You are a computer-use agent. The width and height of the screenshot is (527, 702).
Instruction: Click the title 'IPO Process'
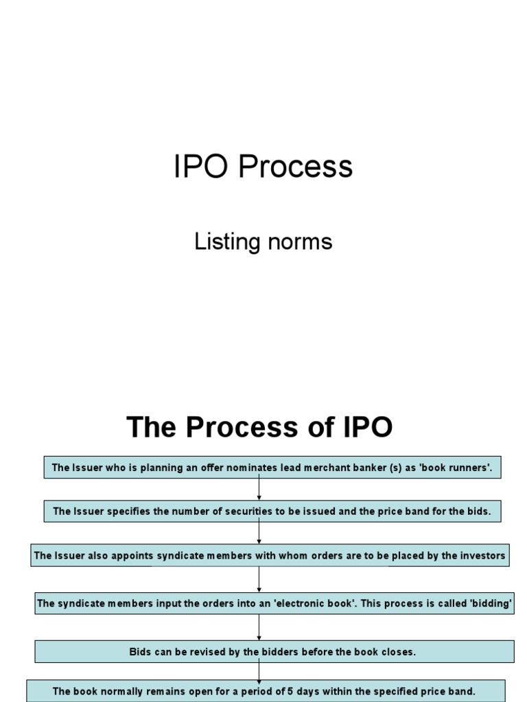263,167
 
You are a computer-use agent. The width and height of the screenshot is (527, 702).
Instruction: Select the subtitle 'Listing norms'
263,241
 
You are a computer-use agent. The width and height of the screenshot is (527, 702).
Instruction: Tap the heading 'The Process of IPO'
259,427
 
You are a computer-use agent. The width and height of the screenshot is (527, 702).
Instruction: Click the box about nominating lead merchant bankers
272,469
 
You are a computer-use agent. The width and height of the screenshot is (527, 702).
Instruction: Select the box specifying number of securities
272,511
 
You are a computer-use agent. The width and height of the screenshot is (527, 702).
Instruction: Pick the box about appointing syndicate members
270,555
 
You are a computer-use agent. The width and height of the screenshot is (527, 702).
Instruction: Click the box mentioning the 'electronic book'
274,603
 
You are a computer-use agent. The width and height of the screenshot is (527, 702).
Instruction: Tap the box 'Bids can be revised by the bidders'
274,651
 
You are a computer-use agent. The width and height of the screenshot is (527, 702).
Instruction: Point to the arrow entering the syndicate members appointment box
259,533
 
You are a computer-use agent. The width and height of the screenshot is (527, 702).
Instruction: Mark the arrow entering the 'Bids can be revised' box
259,627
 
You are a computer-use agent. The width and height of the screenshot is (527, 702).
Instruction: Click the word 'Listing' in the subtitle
218,241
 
